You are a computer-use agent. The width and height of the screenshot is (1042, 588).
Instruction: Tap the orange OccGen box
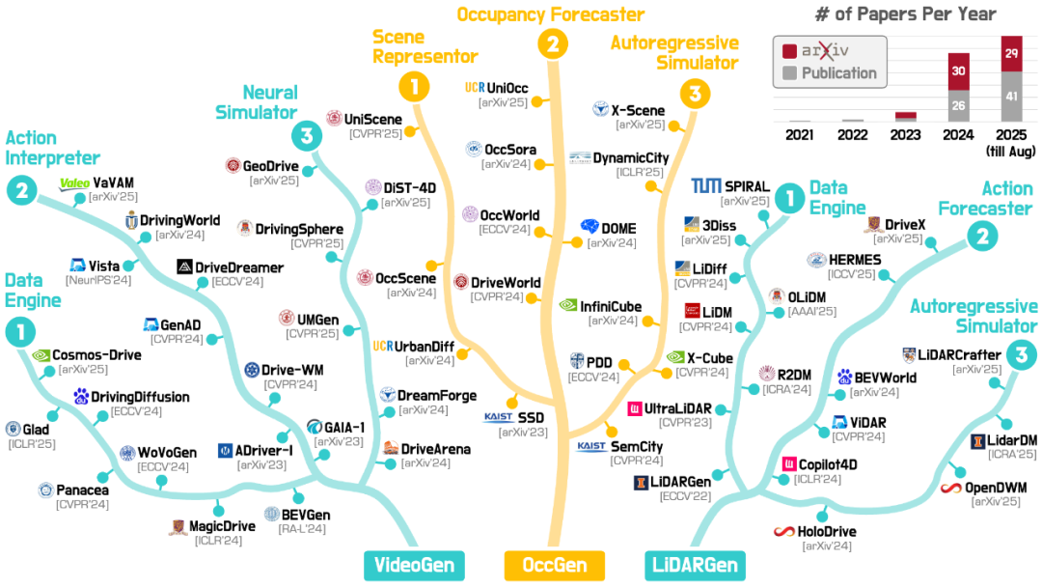point(554,565)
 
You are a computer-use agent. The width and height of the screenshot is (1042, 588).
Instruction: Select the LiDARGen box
point(693,565)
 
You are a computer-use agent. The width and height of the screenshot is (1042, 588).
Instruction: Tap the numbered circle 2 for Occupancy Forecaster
point(553,43)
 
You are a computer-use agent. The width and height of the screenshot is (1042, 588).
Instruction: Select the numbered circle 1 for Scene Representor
point(415,89)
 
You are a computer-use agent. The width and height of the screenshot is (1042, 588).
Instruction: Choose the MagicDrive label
point(221,526)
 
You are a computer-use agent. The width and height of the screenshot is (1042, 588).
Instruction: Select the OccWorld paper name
point(513,214)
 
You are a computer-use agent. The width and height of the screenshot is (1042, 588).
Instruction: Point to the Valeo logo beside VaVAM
point(74,182)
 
